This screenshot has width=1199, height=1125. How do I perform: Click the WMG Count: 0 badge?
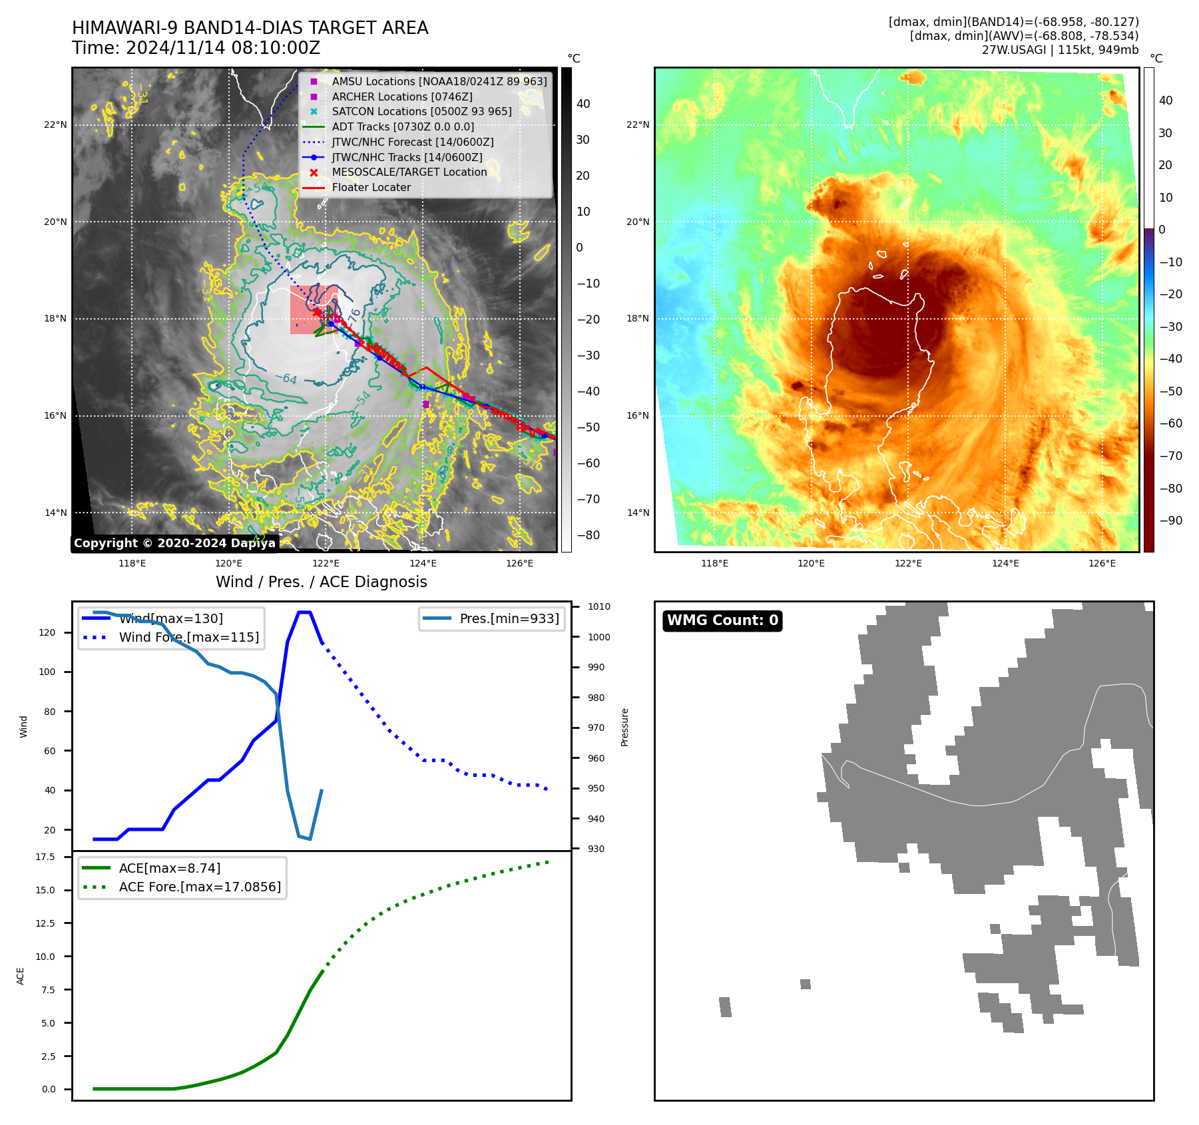(722, 620)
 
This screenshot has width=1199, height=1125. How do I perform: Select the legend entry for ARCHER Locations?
(401, 97)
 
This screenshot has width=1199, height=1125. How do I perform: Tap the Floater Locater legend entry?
(371, 188)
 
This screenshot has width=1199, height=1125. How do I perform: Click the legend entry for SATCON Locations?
(421, 112)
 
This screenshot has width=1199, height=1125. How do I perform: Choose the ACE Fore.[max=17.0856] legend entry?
(199, 887)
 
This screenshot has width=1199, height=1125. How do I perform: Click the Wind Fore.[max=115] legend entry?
(188, 638)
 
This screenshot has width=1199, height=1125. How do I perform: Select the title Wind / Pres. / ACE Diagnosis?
(321, 582)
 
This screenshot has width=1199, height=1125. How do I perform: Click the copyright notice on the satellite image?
(174, 543)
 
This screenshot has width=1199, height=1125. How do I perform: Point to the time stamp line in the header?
(196, 49)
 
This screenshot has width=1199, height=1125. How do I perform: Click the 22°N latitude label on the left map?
(56, 125)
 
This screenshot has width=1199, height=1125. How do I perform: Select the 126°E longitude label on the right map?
(1102, 564)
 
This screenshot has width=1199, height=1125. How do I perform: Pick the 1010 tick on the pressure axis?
(599, 607)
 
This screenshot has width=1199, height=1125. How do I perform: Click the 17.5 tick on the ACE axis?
(45, 857)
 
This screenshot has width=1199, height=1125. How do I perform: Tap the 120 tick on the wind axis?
(47, 633)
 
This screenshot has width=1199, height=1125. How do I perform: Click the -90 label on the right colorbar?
(1170, 521)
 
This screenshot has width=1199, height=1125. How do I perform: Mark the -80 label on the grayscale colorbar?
(588, 535)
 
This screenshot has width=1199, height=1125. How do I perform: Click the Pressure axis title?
(624, 727)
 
